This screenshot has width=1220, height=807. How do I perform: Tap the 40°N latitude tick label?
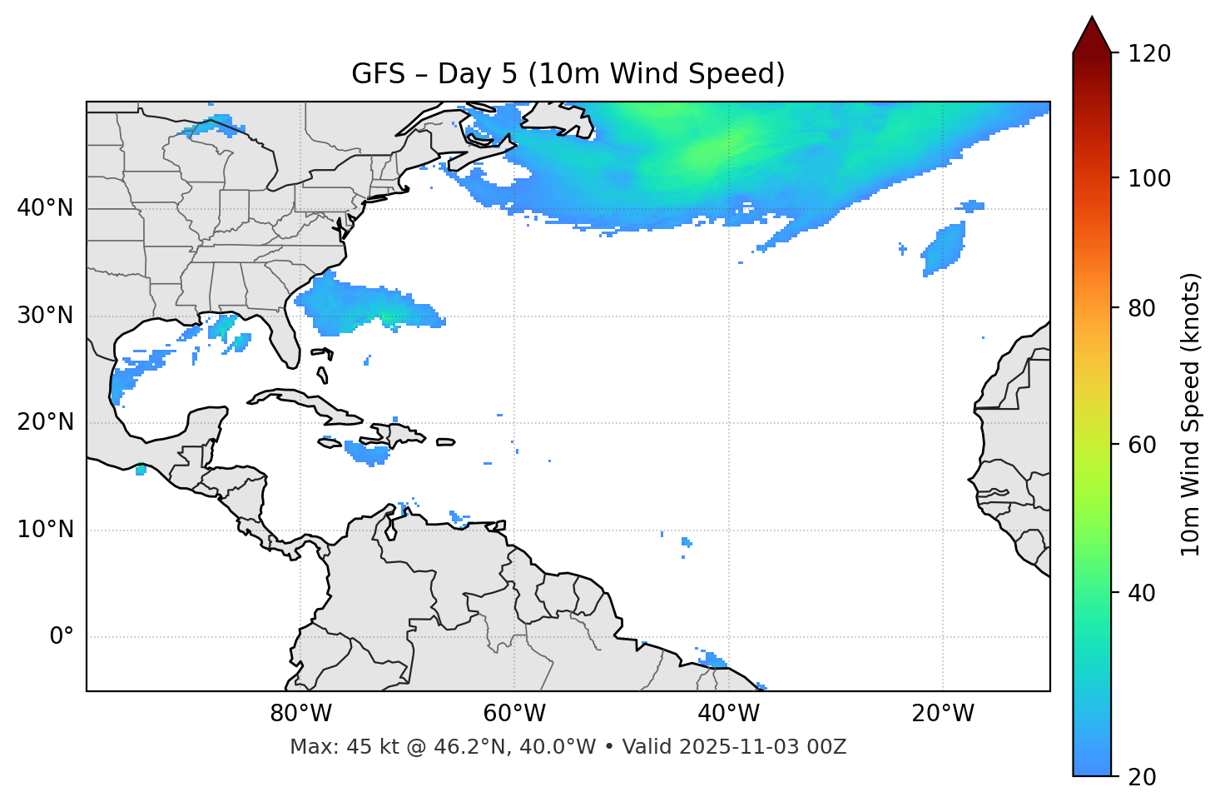(x=45, y=208)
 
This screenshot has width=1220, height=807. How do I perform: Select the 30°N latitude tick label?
(x=45, y=316)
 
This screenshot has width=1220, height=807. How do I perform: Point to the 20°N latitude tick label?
(x=45, y=422)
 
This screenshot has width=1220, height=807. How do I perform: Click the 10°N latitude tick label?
(x=45, y=530)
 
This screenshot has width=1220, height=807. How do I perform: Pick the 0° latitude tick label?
(x=61, y=637)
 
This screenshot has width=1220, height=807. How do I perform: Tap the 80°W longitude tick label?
(x=300, y=714)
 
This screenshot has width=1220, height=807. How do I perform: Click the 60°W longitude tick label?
(x=514, y=714)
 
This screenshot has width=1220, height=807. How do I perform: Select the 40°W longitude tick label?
(x=728, y=714)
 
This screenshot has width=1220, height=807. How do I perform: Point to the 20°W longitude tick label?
(x=942, y=714)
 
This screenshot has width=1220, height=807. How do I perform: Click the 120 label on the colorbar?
(x=1149, y=54)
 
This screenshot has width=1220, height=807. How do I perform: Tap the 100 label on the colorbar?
(x=1149, y=178)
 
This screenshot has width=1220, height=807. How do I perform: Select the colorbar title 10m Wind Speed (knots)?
(x=1191, y=414)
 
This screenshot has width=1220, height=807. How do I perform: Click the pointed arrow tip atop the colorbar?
(x=1092, y=20)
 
